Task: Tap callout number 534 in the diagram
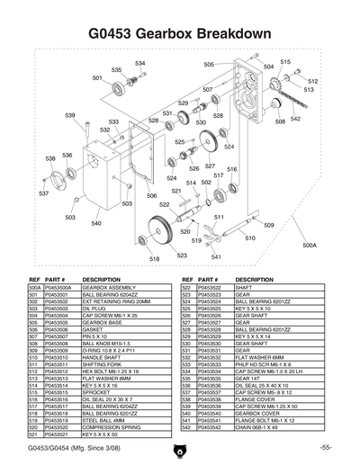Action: [x=139, y=63]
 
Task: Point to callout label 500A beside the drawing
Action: [x=310, y=244]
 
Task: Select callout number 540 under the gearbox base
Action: [x=95, y=222]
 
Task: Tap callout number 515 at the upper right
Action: [x=284, y=61]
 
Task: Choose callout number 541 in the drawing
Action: [x=215, y=257]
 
